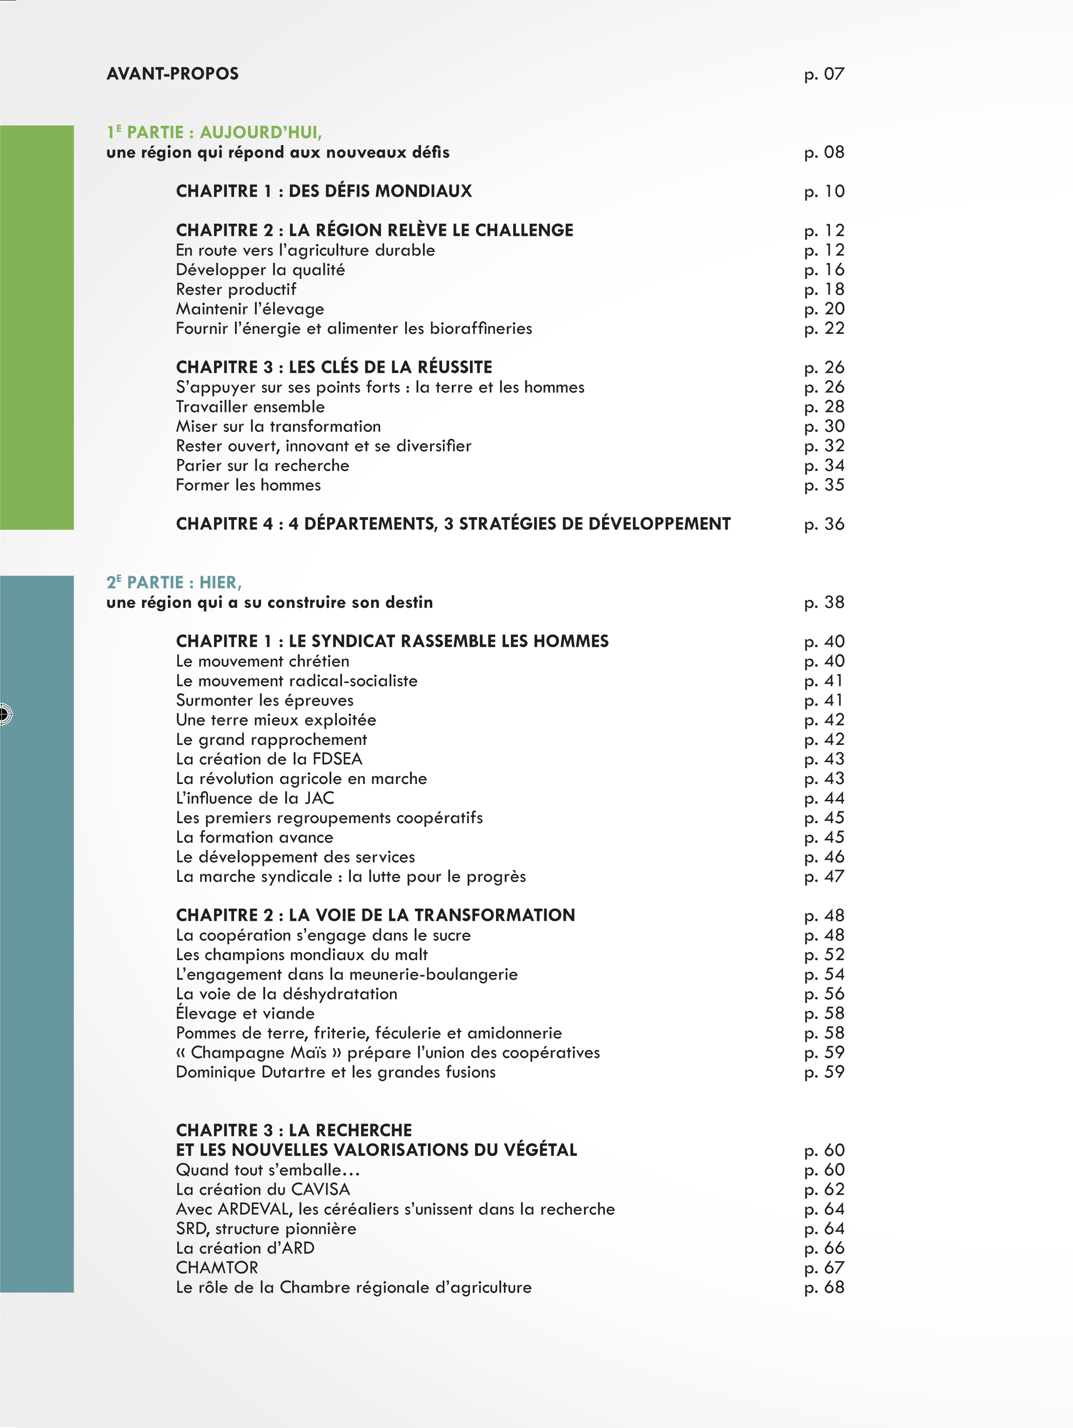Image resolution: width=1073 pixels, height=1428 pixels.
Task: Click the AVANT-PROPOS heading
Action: [173, 73]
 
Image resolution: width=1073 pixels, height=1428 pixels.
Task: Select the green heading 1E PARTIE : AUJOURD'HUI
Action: [214, 133]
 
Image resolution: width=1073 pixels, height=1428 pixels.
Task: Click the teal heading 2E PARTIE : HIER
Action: [174, 582]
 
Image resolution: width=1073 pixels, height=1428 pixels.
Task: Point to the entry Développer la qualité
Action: [260, 270]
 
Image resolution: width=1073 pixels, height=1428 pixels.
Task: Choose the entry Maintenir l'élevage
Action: [250, 309]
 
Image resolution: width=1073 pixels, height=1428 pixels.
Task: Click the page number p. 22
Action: [824, 329]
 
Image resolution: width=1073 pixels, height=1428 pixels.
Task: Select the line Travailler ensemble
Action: [250, 407]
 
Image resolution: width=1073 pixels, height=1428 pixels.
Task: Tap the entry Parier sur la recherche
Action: [262, 465]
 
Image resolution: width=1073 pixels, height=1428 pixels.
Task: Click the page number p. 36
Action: [824, 524]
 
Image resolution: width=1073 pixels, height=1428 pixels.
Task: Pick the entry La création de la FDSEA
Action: [269, 759]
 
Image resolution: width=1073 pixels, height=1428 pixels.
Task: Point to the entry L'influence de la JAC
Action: [255, 798]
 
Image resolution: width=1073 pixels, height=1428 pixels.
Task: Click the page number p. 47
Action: [824, 877]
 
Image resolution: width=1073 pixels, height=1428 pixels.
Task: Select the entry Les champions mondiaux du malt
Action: [302, 955]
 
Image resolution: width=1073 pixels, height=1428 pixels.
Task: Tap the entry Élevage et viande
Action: [245, 1014]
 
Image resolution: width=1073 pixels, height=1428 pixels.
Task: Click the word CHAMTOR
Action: [217, 1268]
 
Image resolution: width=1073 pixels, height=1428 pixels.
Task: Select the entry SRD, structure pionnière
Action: [266, 1229]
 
